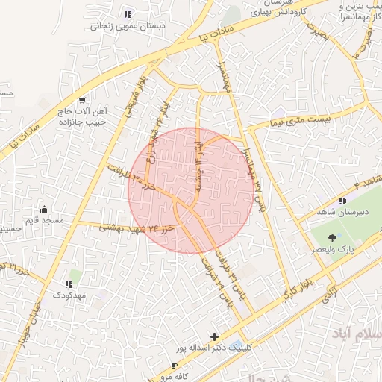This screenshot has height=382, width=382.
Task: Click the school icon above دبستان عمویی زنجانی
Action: point(128,13)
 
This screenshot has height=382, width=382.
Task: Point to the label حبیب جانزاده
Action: point(83,122)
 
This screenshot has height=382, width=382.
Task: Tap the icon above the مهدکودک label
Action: point(69,284)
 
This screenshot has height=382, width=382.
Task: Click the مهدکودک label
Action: point(70,295)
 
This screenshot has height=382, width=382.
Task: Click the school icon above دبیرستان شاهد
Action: point(342,201)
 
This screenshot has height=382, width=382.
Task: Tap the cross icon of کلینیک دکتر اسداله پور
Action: point(216,336)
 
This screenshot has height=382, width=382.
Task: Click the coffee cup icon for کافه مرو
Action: point(174,366)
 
